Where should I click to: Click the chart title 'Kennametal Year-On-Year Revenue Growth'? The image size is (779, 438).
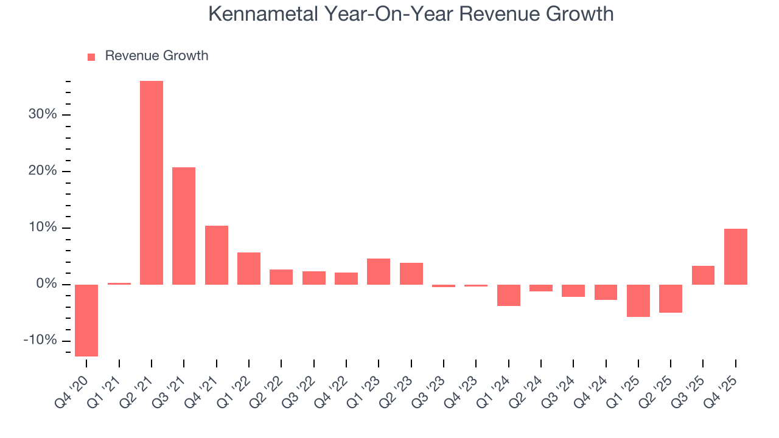tap(411, 13)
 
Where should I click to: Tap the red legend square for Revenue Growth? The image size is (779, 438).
tap(91, 57)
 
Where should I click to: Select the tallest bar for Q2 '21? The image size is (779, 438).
tap(152, 182)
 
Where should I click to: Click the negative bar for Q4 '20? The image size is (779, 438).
tap(86, 320)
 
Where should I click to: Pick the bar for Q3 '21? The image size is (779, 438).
tap(184, 226)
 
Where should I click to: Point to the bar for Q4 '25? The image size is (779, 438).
tap(735, 257)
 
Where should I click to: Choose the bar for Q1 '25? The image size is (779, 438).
tap(638, 301)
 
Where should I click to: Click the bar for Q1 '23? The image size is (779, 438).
tap(379, 271)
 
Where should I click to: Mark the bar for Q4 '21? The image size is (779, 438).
tap(217, 255)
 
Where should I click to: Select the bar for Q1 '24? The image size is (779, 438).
tap(508, 295)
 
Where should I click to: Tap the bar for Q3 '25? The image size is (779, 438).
tap(703, 275)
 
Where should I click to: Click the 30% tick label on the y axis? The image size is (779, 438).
tap(42, 114)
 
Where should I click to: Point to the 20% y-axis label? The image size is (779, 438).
tap(42, 171)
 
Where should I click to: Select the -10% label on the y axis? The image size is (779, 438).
tap(40, 340)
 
